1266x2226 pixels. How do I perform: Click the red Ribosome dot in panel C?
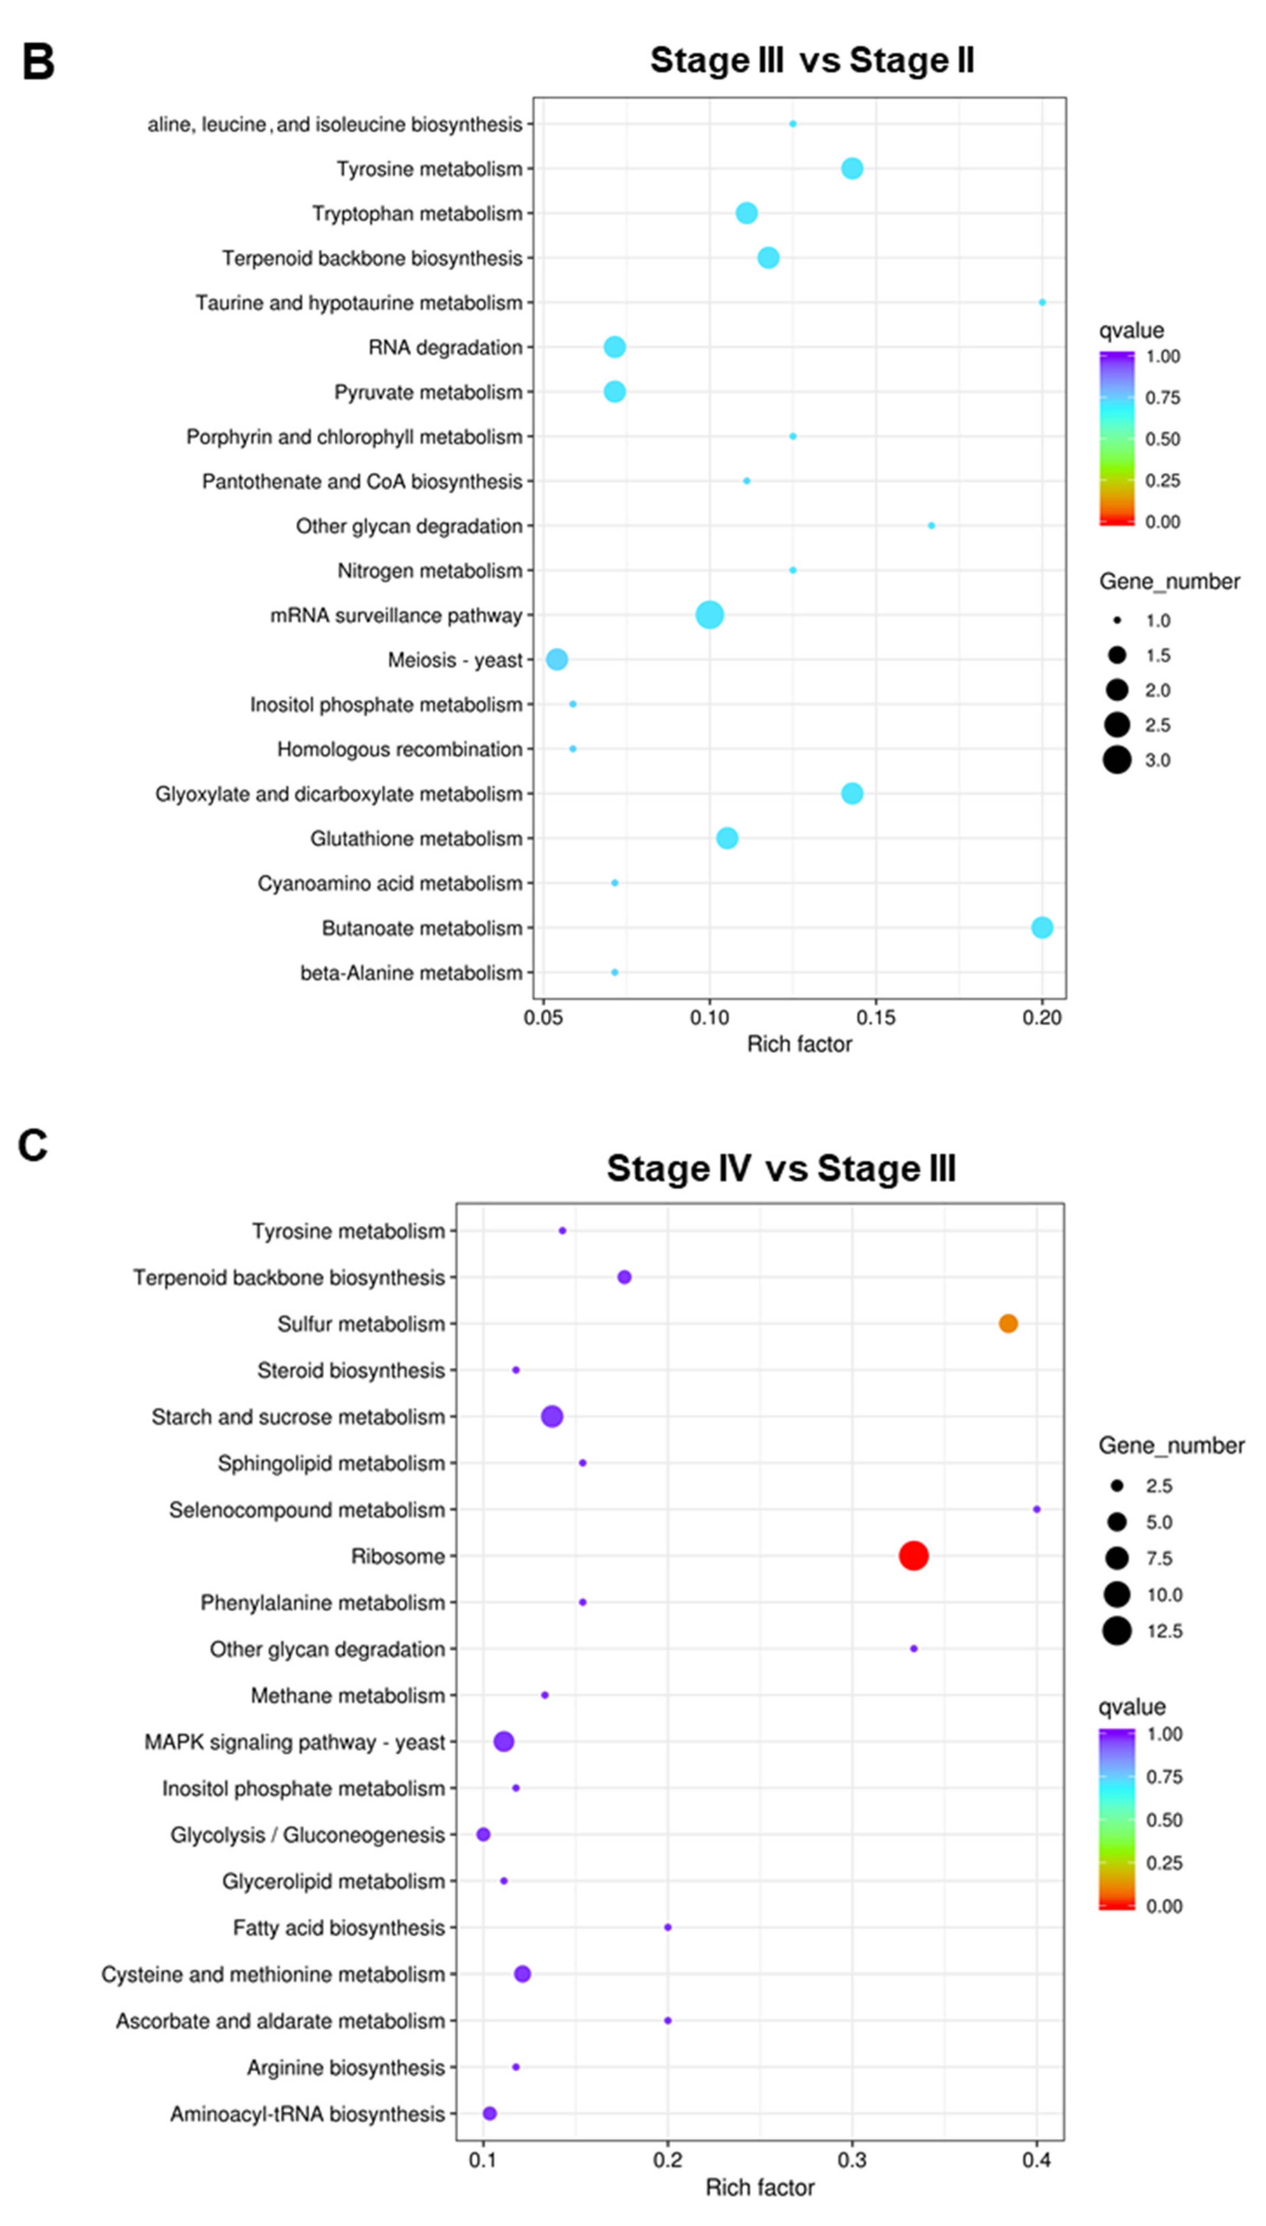coord(913,1556)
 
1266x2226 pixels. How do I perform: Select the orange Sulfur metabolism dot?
coord(1008,1323)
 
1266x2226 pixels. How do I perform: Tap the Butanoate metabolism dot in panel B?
coord(1042,928)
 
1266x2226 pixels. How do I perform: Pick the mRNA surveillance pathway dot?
coord(710,615)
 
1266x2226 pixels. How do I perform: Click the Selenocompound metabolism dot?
coord(1036,1509)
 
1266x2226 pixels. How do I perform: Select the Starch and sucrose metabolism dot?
coord(551,1416)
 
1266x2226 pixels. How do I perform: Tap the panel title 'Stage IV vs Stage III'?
coord(781,1168)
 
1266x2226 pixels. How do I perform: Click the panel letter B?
coord(38,63)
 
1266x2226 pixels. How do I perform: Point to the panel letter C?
coord(33,1146)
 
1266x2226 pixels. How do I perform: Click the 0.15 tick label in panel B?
coord(876,1018)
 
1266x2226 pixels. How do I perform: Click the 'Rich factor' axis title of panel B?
coord(799,1044)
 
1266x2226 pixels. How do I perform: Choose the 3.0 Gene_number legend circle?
coord(1116,760)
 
